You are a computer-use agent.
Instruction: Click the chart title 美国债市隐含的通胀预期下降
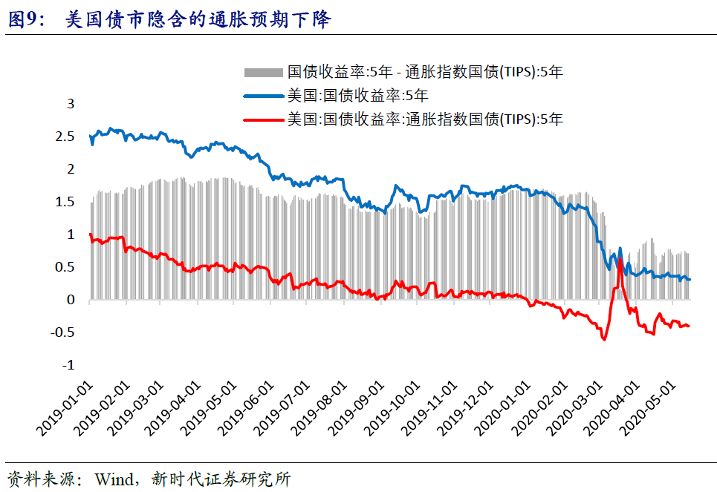point(198,20)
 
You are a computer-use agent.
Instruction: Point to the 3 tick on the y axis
point(71,104)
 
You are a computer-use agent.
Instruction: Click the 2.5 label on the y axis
point(66,137)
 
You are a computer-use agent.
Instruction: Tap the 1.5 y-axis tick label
point(66,202)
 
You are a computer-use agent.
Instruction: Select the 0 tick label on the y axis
point(71,300)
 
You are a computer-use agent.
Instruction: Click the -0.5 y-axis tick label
point(65,332)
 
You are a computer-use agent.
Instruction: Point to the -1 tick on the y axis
point(68,365)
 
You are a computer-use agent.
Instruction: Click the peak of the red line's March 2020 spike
point(619,259)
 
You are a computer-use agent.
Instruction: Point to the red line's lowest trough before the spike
point(604,339)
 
